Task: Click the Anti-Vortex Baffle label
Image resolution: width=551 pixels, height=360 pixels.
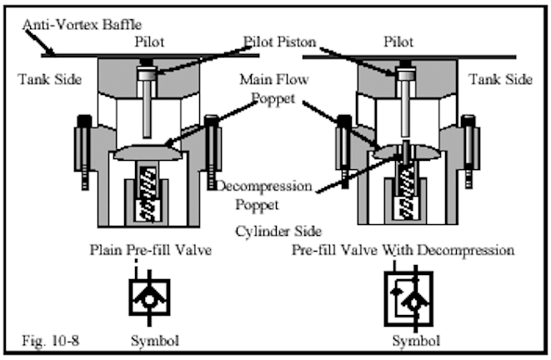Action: [x=78, y=23]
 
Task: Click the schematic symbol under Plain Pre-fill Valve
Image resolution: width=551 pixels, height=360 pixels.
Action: [x=150, y=295]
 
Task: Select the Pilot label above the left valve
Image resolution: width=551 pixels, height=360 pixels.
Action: [x=151, y=40]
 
